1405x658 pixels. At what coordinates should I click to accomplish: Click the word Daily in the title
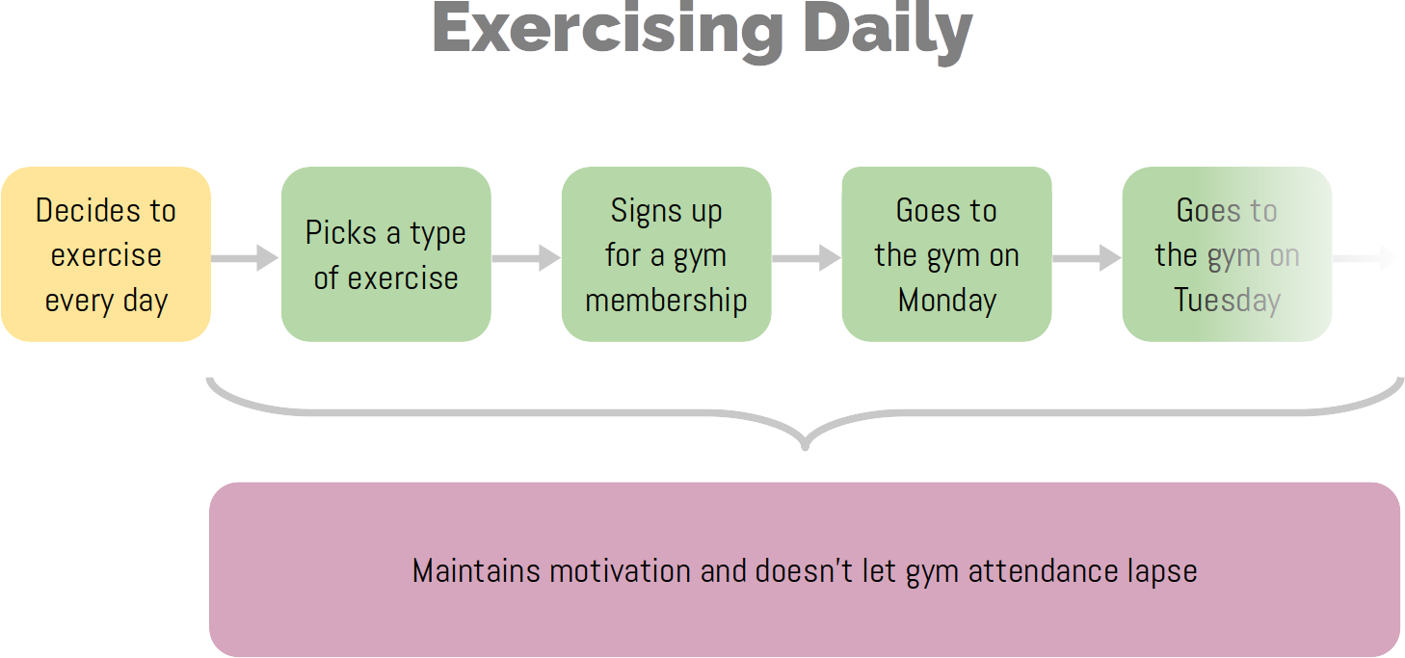[888, 32]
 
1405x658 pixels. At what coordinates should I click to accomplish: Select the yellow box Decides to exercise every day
[106, 254]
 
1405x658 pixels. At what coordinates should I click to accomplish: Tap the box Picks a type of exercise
[385, 254]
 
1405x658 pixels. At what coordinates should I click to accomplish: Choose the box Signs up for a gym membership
[666, 254]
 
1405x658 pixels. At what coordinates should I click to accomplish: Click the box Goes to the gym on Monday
[946, 254]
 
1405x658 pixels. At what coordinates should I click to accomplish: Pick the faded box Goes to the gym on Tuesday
[1227, 254]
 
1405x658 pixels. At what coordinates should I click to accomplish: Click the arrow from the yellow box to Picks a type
[245, 258]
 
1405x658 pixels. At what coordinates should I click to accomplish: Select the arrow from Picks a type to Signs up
[526, 258]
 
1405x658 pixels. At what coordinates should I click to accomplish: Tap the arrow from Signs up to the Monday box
[807, 258]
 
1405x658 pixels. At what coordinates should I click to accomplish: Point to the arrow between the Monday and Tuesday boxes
[1087, 258]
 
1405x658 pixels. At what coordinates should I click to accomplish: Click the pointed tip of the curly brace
[806, 448]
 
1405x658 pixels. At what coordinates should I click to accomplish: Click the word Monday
[947, 300]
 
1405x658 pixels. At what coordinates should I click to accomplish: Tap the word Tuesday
[1228, 300]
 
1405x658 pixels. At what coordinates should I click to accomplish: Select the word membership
[666, 300]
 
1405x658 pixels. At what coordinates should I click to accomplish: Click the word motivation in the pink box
[621, 570]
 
